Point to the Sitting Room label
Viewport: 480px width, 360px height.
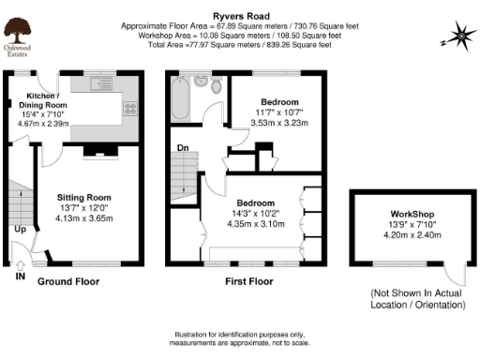[86, 198]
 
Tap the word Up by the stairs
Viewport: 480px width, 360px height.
[20, 228]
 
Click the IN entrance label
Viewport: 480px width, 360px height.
[21, 277]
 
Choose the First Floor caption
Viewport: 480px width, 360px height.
[248, 280]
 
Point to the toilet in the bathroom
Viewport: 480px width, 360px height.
[217, 87]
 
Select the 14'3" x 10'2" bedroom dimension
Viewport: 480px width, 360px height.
[255, 215]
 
